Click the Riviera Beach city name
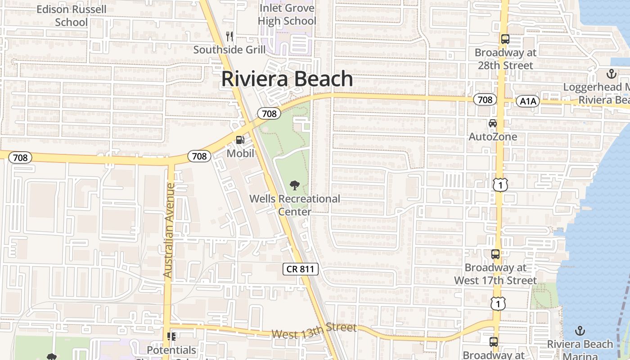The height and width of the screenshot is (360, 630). [287, 79]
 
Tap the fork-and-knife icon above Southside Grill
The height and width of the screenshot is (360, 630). [230, 36]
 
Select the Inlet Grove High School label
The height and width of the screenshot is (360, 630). [287, 14]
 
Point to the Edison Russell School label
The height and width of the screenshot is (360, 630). [72, 15]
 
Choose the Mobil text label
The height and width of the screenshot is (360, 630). [240, 153]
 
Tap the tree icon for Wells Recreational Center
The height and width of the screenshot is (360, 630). [295, 185]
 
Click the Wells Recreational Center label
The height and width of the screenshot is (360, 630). [295, 205]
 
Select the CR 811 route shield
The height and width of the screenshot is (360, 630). [301, 270]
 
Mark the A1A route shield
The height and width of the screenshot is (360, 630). [528, 101]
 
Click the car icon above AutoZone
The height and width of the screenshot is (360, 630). [493, 123]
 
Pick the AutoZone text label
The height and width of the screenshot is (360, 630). [493, 136]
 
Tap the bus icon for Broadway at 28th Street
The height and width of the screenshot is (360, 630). [505, 39]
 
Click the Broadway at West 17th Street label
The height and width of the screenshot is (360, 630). [495, 274]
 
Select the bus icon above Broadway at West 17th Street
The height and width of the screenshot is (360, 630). [495, 254]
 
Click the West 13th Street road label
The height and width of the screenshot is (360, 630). [314, 331]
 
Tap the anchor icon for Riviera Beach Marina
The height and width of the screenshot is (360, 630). [580, 331]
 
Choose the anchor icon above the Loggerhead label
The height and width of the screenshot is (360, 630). [612, 73]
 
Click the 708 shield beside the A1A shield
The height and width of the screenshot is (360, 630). [485, 99]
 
